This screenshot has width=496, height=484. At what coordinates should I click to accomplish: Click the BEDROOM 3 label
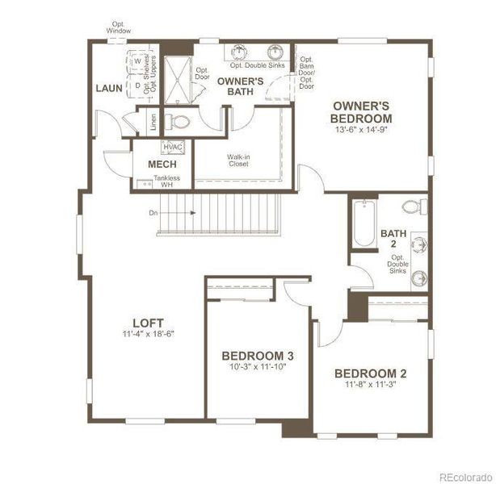[x=258, y=356]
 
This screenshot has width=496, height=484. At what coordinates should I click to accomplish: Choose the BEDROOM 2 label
[x=370, y=373]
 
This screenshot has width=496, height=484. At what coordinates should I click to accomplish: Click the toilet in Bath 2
[x=414, y=207]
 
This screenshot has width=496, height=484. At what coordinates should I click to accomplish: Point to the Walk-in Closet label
[x=237, y=160]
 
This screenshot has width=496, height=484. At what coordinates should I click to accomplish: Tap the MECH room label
[x=162, y=165]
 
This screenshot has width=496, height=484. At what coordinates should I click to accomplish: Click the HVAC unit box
[x=173, y=147]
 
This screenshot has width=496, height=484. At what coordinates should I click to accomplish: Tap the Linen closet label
[x=152, y=122]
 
